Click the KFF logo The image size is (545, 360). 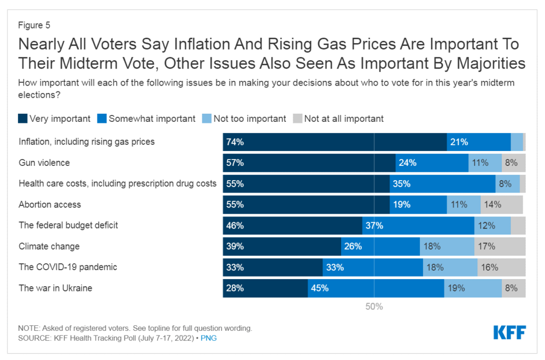tap(509, 333)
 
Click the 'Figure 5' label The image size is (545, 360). tap(34, 25)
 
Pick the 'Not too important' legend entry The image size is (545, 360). tap(244, 119)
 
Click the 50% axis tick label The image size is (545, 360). tap(374, 307)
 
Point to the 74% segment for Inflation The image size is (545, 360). tap(334, 142)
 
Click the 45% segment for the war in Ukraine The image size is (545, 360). tap(376, 288)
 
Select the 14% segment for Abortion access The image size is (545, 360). tap(502, 205)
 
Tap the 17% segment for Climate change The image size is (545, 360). tap(500, 246)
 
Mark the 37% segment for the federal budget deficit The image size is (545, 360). tap(418, 225)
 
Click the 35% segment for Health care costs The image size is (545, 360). tap(442, 183)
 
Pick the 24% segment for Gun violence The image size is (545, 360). tap(432, 163)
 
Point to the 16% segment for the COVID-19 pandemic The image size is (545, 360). tap(501, 267)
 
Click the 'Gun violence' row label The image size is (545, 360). tap(44, 163)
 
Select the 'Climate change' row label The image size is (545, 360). tap(49, 246)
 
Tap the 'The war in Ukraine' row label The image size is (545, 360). tap(55, 288)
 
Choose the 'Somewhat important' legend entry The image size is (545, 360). tap(146, 119)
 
